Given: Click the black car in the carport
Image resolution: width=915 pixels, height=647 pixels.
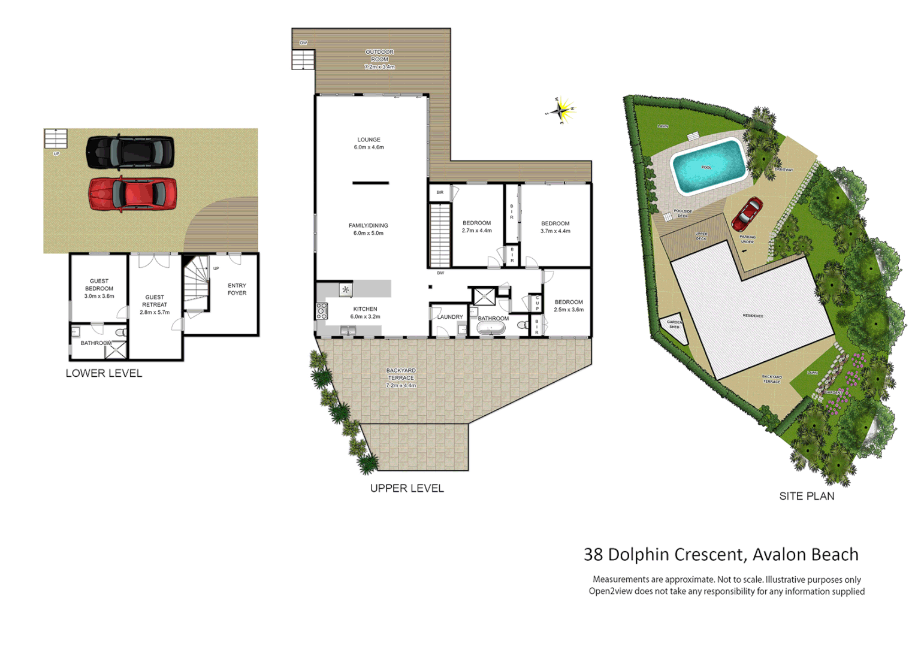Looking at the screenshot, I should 130,152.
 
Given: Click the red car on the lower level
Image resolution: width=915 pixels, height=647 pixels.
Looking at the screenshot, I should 132,194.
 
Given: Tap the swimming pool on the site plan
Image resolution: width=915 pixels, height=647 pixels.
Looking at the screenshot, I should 708,166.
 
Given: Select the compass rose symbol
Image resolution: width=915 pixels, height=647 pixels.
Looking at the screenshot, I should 560,110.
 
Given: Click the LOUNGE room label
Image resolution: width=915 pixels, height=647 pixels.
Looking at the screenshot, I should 369,140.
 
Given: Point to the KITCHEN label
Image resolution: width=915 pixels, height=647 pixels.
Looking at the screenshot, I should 365,309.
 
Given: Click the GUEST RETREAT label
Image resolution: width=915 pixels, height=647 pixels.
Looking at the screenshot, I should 155,301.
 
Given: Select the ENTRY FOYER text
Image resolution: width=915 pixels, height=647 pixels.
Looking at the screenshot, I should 237,289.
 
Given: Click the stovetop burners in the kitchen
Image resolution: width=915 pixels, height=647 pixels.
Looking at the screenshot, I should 322,310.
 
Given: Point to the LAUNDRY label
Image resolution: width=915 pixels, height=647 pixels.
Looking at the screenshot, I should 450,317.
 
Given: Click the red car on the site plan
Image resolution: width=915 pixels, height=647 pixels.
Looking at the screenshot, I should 747,213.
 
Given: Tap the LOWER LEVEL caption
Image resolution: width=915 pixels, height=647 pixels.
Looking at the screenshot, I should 104,373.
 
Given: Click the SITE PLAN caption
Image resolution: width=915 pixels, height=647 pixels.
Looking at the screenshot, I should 807,496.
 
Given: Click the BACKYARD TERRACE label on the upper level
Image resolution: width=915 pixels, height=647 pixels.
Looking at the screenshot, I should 401,374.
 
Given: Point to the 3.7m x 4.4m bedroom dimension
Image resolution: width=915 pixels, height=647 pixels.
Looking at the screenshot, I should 555,231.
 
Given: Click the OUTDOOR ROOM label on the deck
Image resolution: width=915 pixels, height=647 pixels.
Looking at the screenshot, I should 379,56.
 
